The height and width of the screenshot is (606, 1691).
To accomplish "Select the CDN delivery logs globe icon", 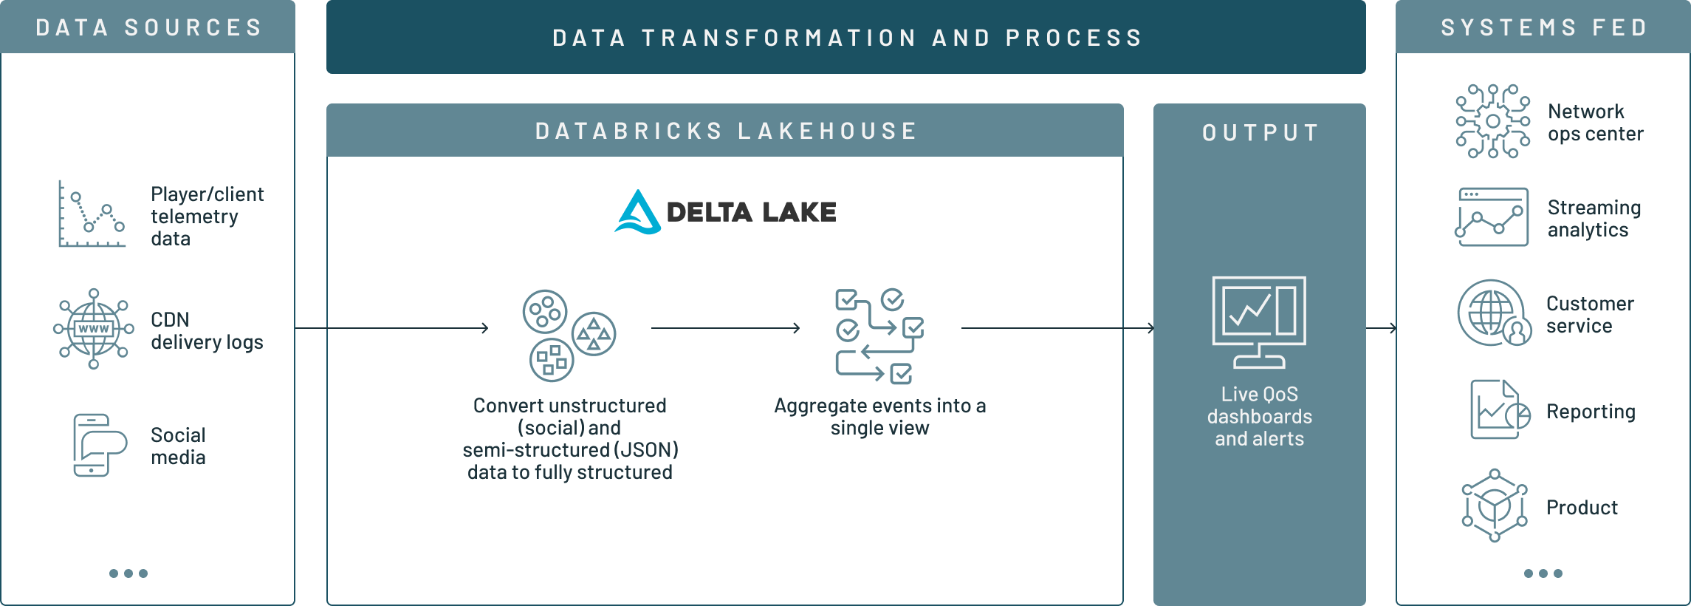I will pos(94,329).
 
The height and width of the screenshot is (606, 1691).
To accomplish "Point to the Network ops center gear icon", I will pos(1492,121).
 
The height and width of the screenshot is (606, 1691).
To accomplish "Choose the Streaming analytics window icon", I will pos(1492,217).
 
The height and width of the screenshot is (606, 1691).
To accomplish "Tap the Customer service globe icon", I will pos(1494,313).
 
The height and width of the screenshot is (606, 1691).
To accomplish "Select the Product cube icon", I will pos(1495,505).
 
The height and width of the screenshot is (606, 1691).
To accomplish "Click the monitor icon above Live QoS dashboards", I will pos(1259,322).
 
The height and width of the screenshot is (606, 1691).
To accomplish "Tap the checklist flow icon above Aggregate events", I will pos(879,336).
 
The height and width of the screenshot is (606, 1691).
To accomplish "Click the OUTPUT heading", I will pos(1260,133).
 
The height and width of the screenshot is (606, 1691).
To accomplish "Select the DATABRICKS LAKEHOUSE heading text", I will pos(725,132).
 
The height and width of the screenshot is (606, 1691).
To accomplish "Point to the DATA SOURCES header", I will pos(148,28).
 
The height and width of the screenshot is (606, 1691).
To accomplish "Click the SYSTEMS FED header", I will pos(1543,28).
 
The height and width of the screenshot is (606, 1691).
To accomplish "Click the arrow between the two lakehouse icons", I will pos(725,327).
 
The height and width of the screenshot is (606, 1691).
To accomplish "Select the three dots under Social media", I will pos(128,573).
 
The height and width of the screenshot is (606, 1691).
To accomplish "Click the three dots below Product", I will pos(1543,573).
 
